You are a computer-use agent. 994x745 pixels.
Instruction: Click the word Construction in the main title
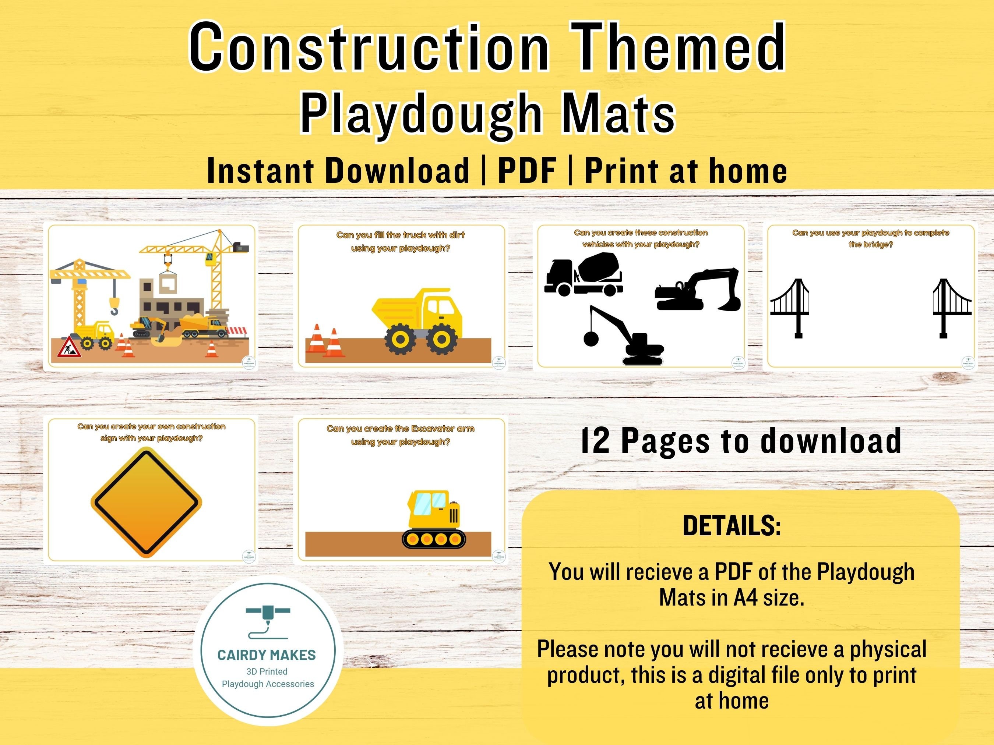click(x=369, y=47)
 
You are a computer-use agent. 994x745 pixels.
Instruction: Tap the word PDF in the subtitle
click(x=527, y=171)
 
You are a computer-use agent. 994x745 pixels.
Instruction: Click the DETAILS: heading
click(x=732, y=525)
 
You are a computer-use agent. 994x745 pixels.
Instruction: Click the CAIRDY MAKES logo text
click(x=267, y=655)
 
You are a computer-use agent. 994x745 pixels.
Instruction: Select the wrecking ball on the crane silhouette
click(x=591, y=338)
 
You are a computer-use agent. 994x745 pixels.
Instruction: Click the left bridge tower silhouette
click(x=798, y=308)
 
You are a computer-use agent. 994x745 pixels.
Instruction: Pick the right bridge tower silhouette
click(x=943, y=308)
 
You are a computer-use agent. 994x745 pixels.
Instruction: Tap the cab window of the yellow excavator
click(x=430, y=504)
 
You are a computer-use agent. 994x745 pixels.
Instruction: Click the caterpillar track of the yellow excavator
click(x=434, y=539)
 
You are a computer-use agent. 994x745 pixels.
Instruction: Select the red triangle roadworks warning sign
click(x=69, y=348)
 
